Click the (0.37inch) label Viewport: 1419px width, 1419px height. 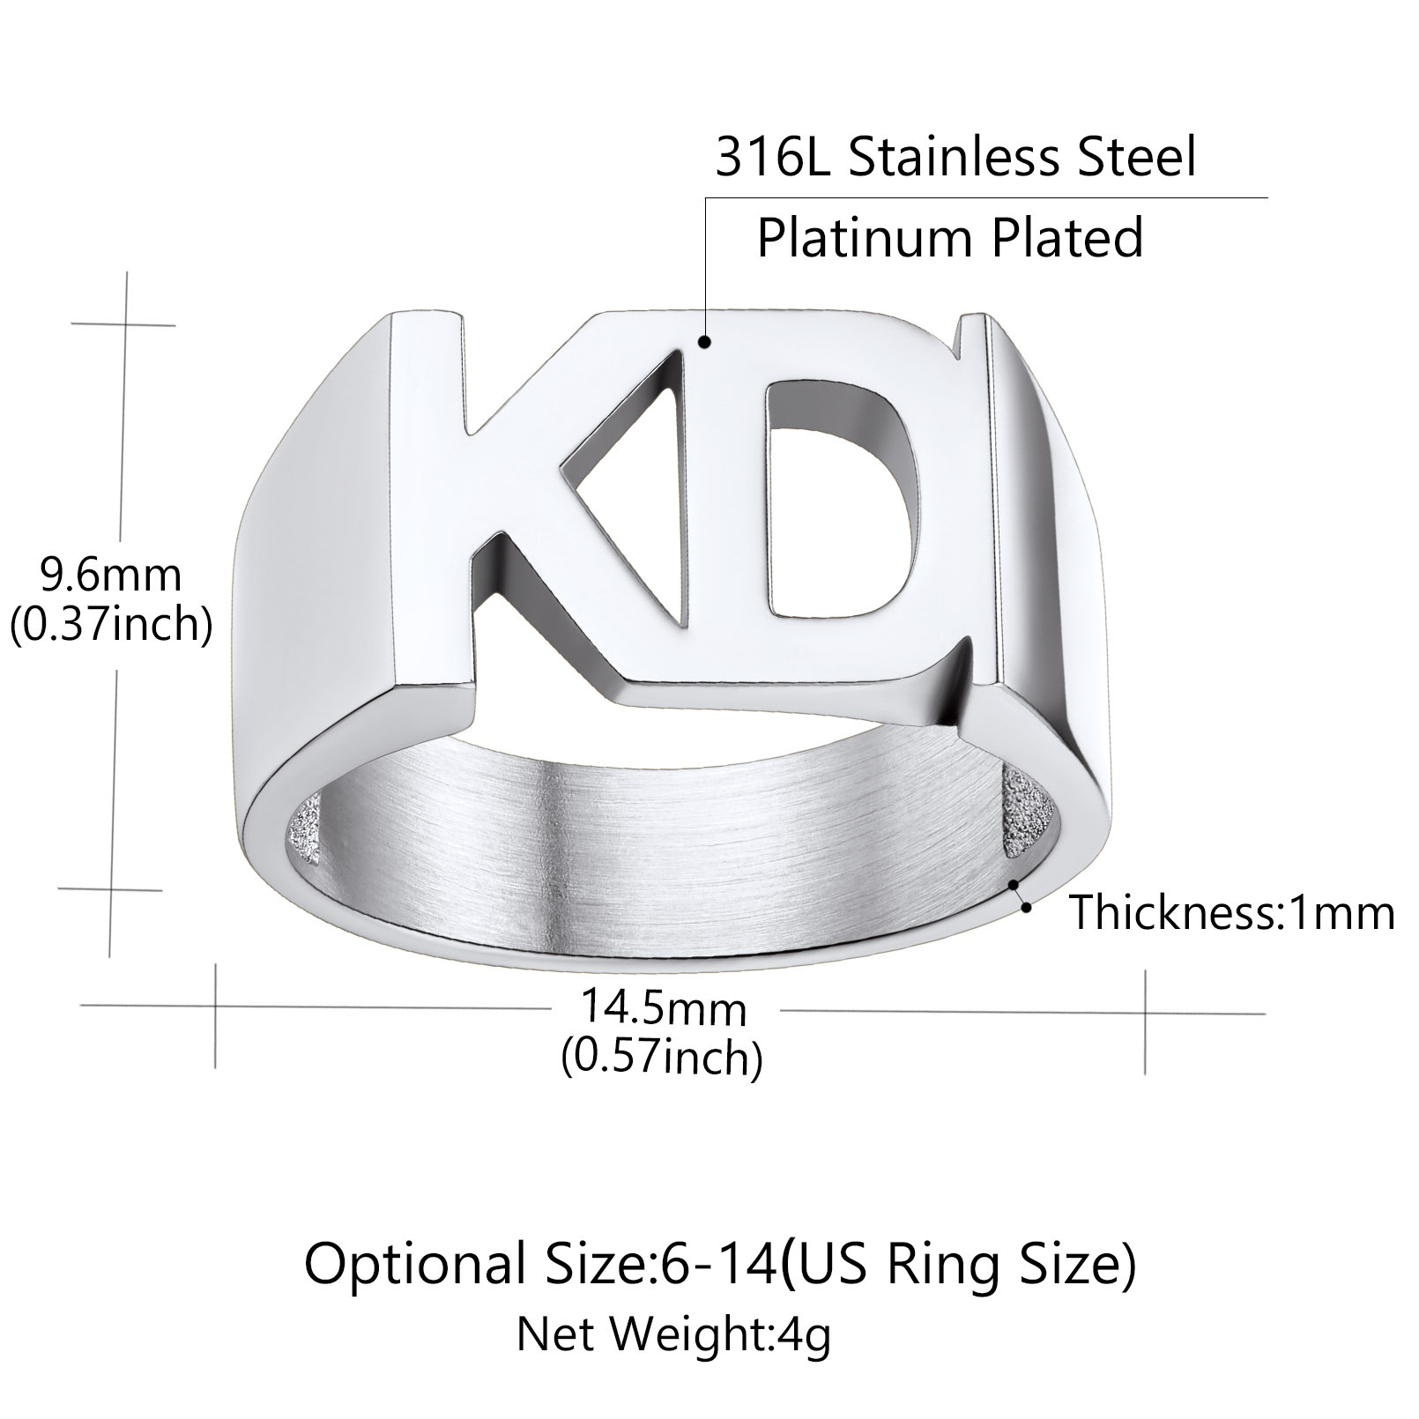coord(111,625)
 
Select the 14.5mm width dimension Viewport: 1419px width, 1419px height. coord(662,1008)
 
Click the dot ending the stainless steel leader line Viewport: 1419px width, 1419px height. coord(704,342)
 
